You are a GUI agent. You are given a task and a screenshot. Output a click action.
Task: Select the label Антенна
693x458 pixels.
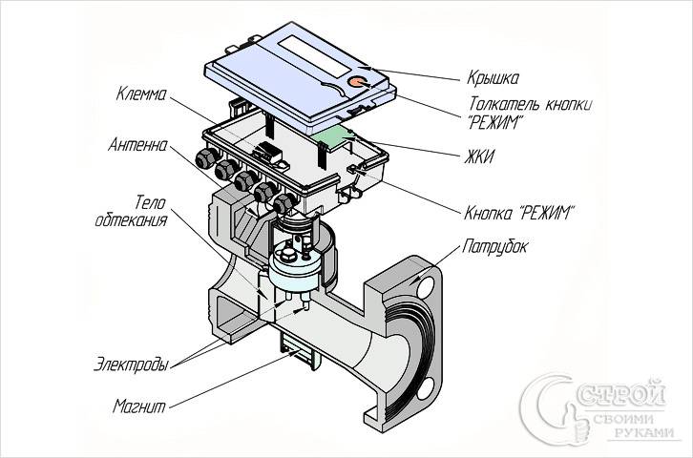click(x=139, y=147)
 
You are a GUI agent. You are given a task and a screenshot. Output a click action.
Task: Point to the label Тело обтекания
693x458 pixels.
click(x=135, y=211)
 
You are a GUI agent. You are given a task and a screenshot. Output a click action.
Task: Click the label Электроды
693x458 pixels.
click(x=133, y=364)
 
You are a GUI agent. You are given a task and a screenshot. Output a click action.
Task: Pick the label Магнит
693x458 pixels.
click(x=138, y=406)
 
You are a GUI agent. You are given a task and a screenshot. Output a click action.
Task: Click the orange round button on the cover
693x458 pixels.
click(x=358, y=83)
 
